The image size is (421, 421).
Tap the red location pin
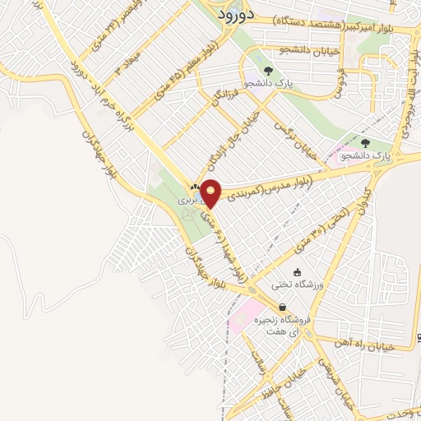212,192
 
